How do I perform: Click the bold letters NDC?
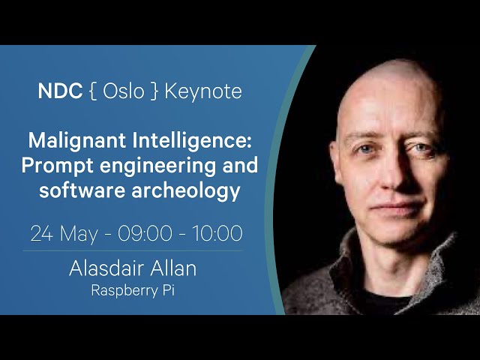60,91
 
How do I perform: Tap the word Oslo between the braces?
123,91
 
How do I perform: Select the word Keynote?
203,91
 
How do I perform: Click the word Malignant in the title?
76,141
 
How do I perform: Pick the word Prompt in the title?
57,166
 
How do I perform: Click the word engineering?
157,166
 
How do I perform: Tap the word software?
82,190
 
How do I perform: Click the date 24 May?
64,234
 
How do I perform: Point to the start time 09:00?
145,233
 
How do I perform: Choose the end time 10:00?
217,233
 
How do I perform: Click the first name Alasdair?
102,268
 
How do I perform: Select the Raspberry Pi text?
133,290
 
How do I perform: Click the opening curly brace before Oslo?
93,91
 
